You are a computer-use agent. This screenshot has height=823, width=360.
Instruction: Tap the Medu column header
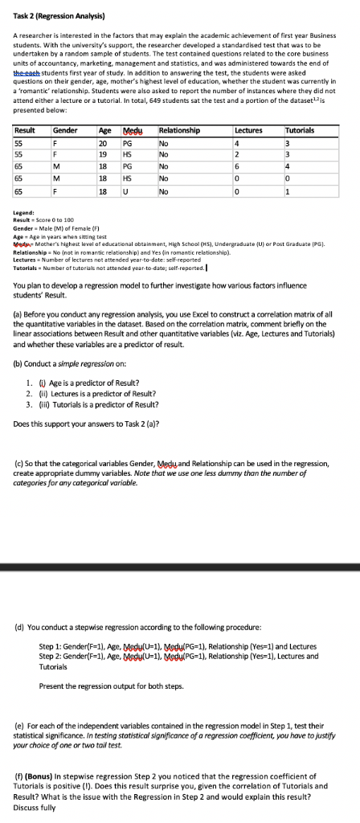coord(130,129)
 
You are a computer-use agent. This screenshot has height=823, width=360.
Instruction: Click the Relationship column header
coord(180,129)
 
